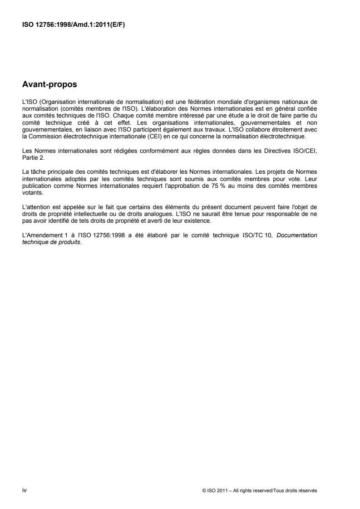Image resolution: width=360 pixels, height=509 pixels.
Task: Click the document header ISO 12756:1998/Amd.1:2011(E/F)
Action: click(74, 24)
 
